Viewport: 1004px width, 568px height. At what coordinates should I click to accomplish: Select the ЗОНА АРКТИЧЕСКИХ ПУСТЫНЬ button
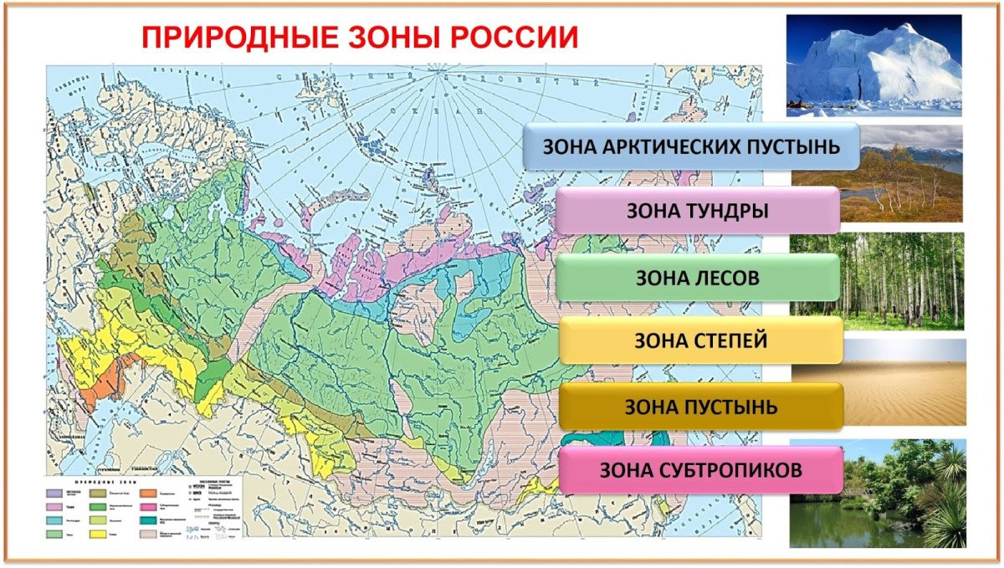(691, 146)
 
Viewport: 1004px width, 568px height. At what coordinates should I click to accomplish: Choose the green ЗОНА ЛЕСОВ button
(697, 278)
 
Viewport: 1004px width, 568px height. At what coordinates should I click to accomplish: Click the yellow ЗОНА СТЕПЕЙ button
(700, 340)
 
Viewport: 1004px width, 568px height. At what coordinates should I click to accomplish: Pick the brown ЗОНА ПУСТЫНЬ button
(700, 407)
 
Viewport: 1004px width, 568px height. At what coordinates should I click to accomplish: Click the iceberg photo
(873, 65)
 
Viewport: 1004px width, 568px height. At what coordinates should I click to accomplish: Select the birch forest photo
(877, 282)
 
